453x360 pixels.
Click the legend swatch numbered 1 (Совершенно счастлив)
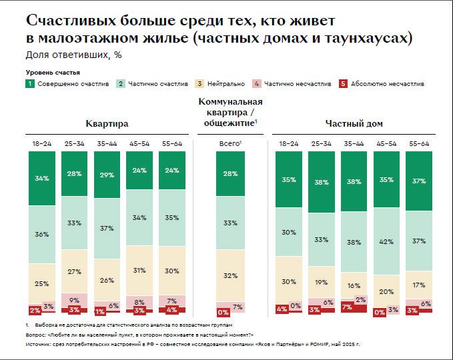(30, 84)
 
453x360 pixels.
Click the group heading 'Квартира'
(107, 124)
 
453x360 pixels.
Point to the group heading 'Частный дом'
(354, 124)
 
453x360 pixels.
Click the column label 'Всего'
(230, 143)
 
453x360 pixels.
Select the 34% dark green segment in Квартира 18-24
(41, 178)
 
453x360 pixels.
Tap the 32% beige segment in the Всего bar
(230, 275)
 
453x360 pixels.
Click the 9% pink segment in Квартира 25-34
(75, 300)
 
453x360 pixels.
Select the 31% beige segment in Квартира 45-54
(140, 270)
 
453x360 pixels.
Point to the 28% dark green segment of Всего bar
(230, 174)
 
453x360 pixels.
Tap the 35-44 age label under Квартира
(107, 143)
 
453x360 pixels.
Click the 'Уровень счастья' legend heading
(53, 71)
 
